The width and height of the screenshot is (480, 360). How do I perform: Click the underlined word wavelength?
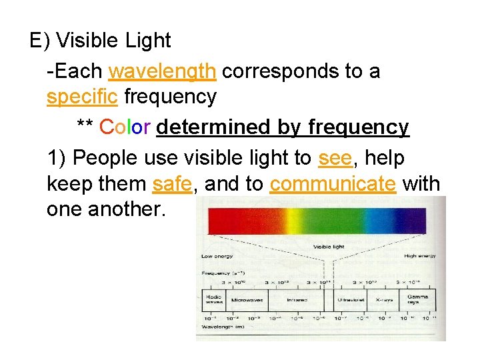[x=162, y=71]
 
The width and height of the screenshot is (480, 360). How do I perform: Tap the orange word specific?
[x=83, y=97]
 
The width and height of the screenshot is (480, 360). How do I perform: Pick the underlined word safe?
[x=173, y=184]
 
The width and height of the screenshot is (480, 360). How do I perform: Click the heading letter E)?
[x=40, y=41]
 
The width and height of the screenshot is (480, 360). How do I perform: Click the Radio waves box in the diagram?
[x=214, y=299]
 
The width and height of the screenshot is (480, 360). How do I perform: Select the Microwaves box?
[x=247, y=300]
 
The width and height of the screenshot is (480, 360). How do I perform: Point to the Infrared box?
[x=297, y=300]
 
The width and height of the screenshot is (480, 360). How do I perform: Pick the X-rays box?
[x=383, y=300]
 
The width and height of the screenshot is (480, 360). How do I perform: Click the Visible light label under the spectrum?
[x=329, y=247]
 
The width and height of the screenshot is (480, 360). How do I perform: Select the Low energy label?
[x=217, y=257]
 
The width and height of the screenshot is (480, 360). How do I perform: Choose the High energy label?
[x=419, y=256]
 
